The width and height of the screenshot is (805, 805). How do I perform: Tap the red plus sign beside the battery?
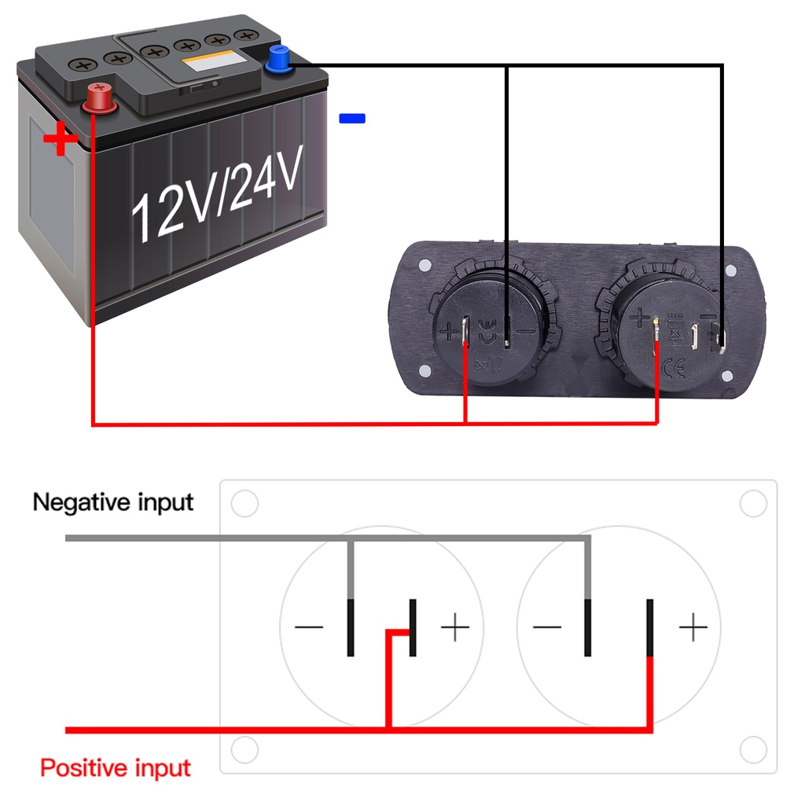(x=61, y=142)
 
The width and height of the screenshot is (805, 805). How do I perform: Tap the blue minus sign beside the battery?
(x=351, y=119)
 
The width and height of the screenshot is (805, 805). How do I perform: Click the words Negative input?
(x=113, y=502)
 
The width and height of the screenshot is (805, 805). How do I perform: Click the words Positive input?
(x=116, y=767)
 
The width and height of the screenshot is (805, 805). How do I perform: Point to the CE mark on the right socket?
(x=674, y=366)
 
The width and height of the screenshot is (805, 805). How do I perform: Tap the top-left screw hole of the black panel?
(x=425, y=264)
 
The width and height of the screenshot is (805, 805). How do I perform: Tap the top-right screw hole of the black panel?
(x=730, y=270)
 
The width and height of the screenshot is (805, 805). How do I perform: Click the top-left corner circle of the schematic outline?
(x=245, y=504)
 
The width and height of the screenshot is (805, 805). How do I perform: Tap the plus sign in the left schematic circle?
(x=454, y=627)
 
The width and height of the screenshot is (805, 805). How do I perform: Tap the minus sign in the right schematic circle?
(x=547, y=627)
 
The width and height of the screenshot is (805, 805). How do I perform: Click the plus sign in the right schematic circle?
(x=693, y=627)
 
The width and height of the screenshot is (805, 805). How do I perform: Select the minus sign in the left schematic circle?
(x=309, y=627)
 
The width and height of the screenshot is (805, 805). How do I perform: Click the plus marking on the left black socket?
(x=450, y=332)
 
